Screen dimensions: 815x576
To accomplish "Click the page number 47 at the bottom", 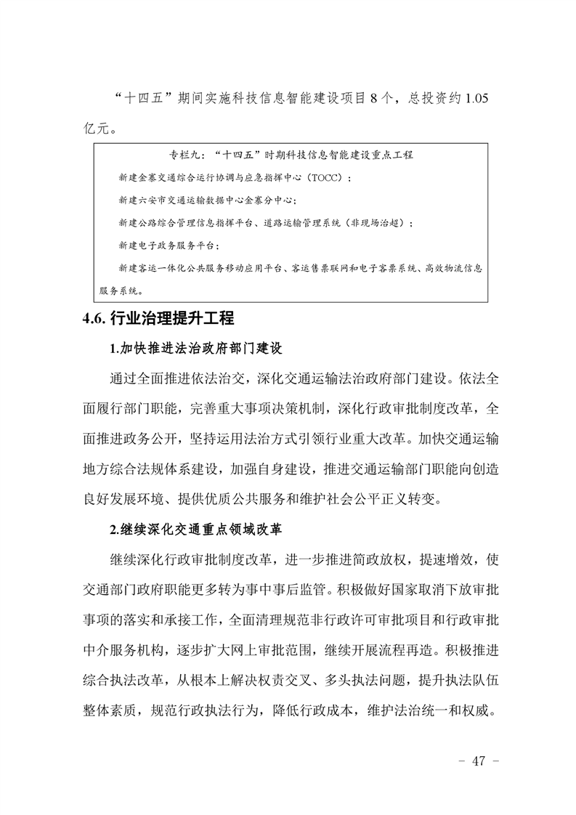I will (477, 761).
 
